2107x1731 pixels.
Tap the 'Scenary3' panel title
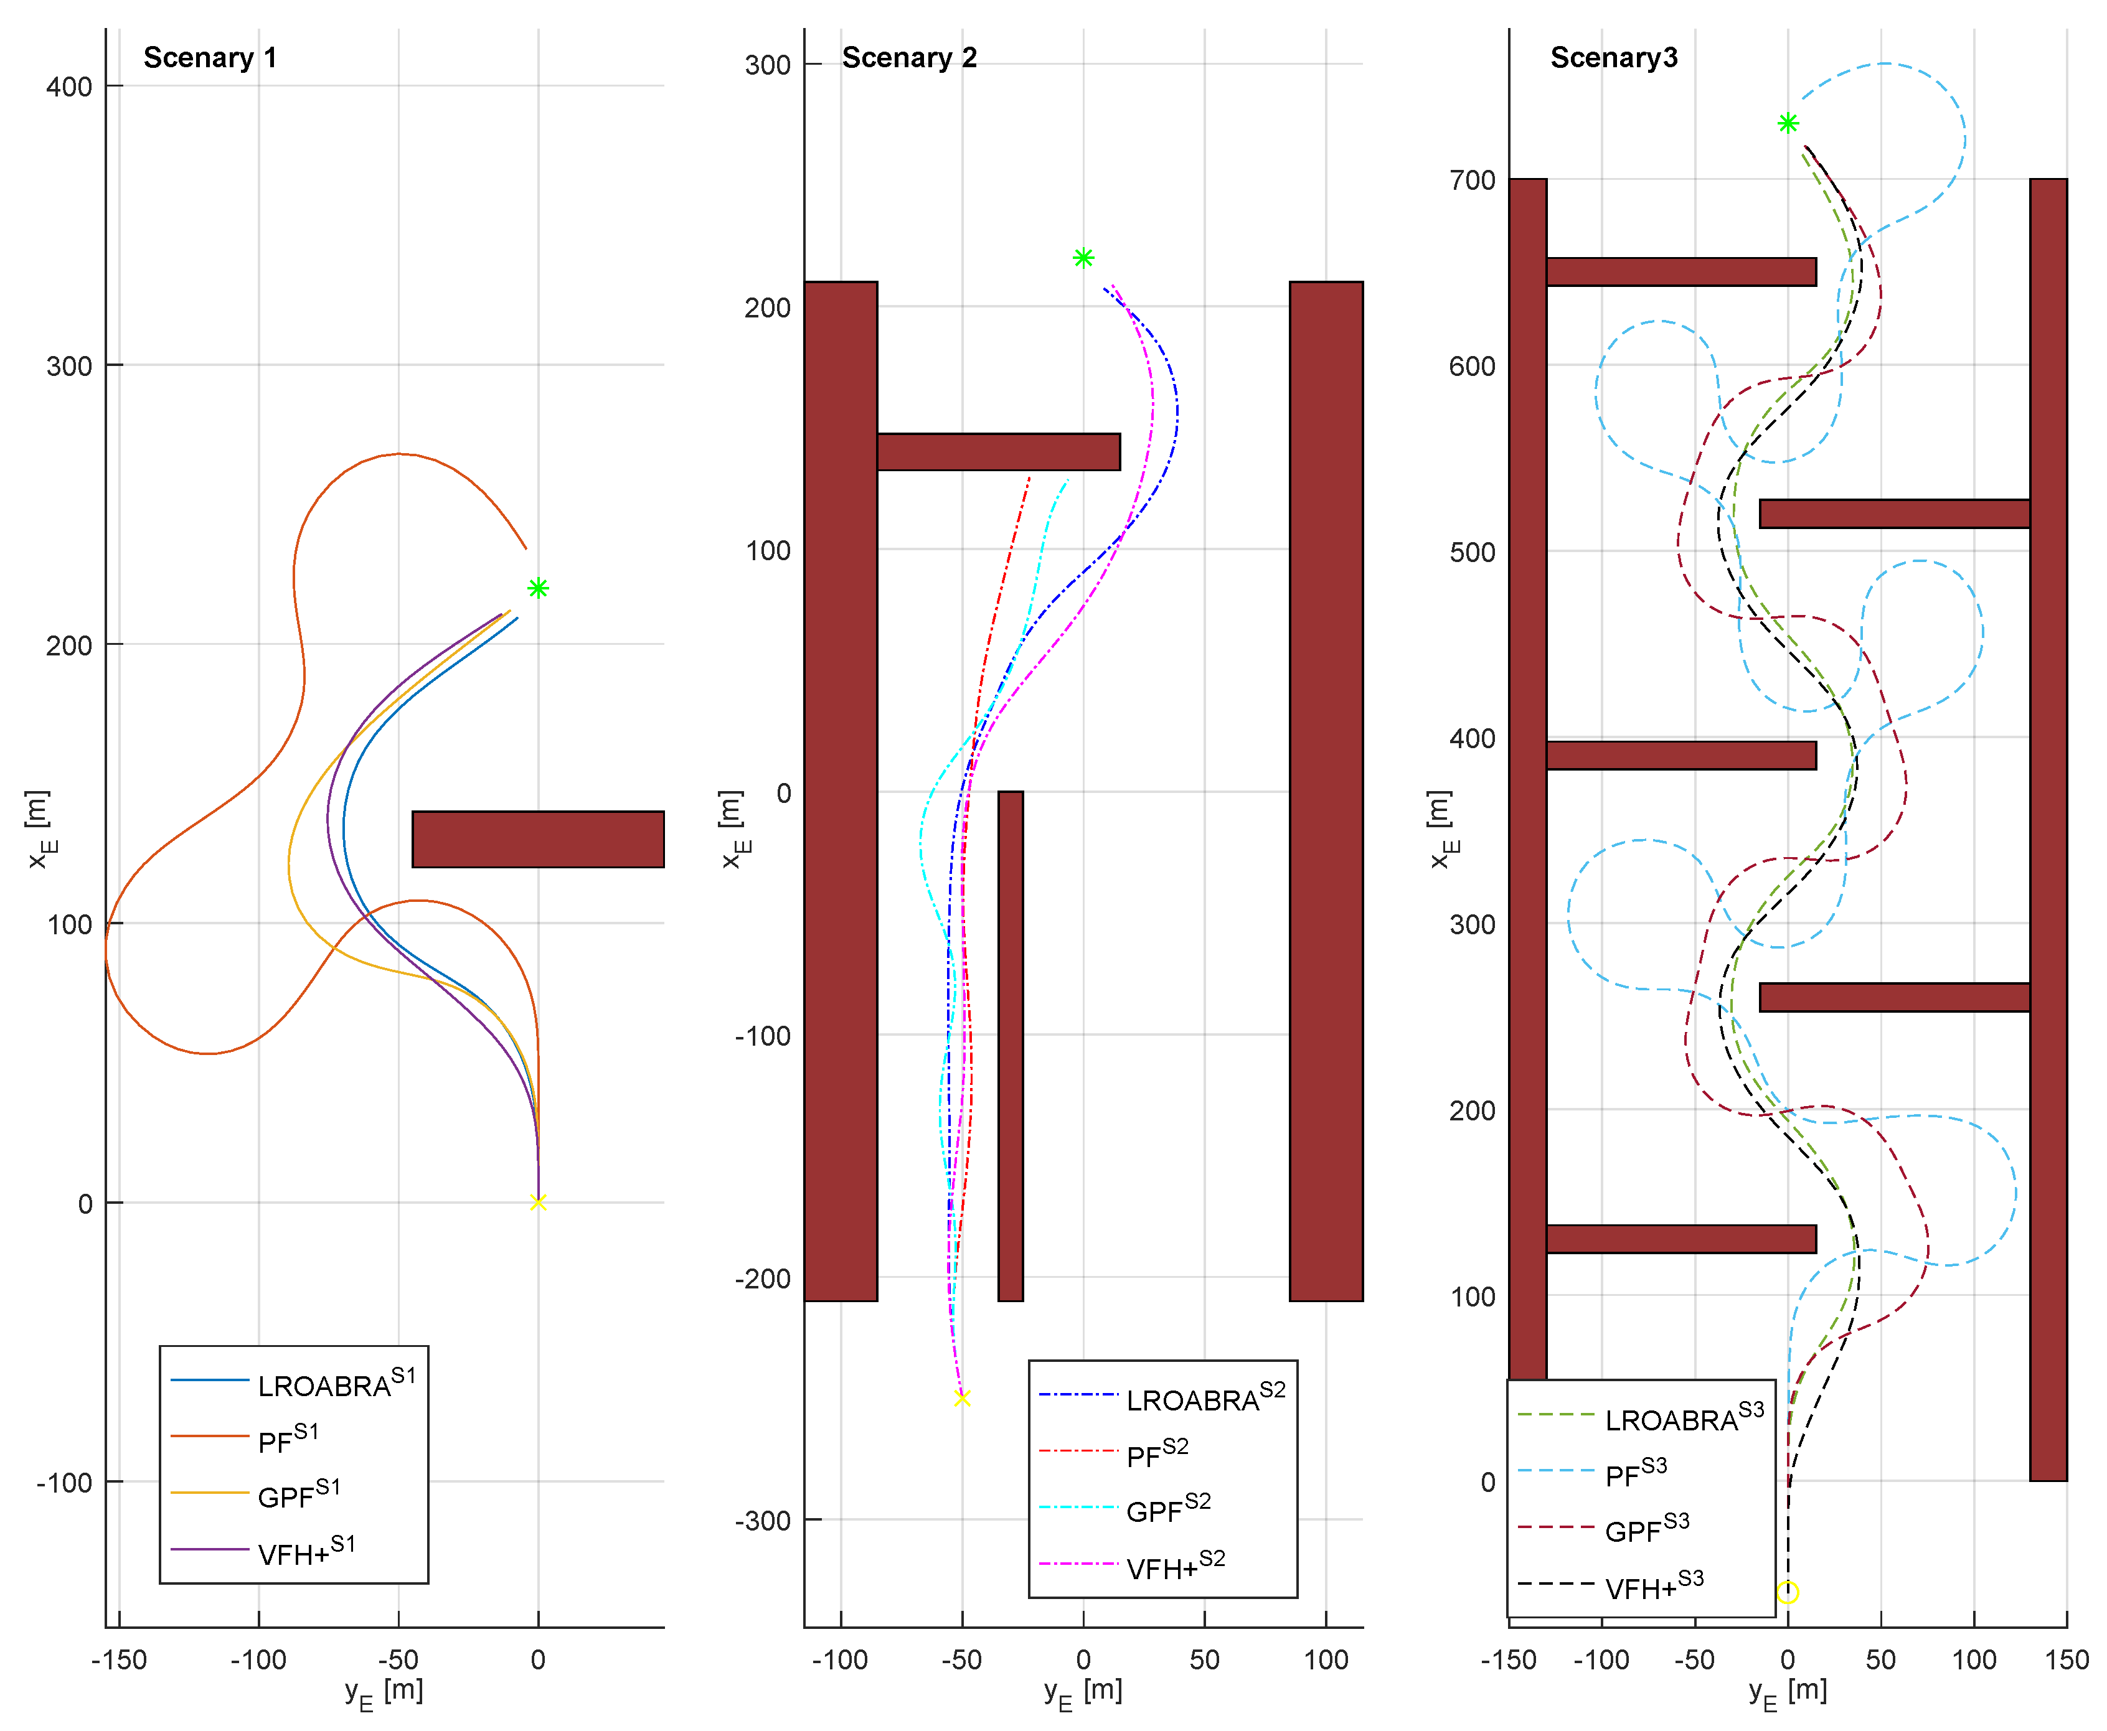coord(1613,58)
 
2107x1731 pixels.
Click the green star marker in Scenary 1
coord(537,588)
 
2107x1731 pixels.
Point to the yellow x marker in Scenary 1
coord(537,1203)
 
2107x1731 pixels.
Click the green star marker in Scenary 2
coord(1083,258)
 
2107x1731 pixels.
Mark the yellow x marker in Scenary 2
coord(962,1398)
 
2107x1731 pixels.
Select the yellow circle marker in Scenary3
coord(1787,1592)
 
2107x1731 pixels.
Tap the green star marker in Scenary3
coord(1787,124)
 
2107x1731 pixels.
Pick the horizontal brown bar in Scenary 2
coord(998,452)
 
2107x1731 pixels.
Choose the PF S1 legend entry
coord(288,1439)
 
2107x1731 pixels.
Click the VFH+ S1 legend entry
coord(306,1552)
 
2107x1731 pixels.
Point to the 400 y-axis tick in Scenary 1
coord(69,87)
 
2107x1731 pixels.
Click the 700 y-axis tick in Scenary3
coord(1472,181)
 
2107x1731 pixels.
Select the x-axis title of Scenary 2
coord(1083,1692)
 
